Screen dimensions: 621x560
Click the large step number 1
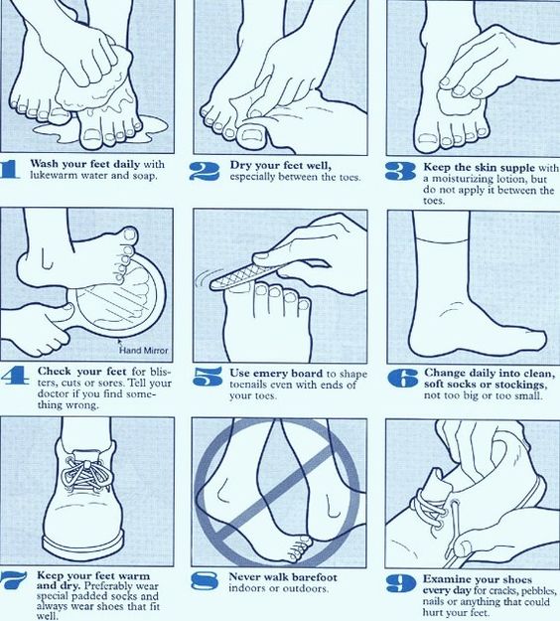tap(12, 169)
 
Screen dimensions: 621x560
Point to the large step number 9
tap(399, 582)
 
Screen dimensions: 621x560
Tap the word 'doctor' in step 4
tap(52, 393)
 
